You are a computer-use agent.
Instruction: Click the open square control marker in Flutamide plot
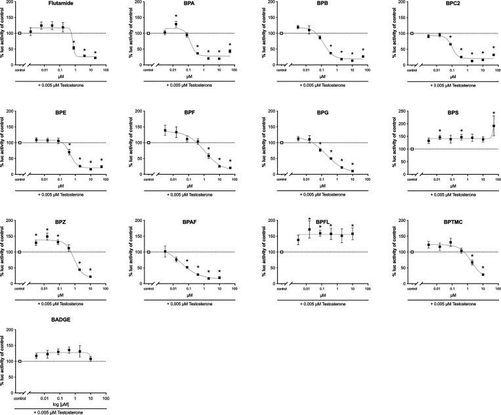pyautogui.click(x=20, y=33)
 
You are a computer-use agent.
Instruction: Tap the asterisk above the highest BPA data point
pyautogui.click(x=176, y=16)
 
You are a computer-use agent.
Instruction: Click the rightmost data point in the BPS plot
pyautogui.click(x=494, y=126)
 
